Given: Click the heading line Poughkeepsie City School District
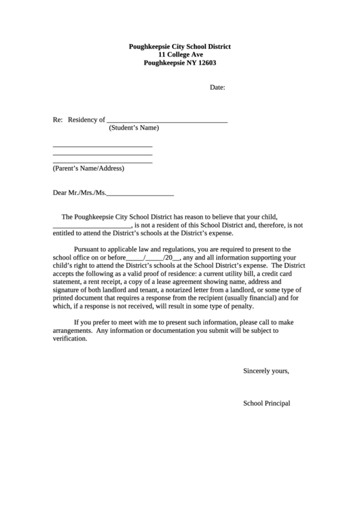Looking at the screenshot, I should [180, 46].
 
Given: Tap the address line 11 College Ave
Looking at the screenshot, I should [180, 54].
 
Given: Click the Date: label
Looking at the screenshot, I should [217, 88].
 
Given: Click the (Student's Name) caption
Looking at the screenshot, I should [134, 128].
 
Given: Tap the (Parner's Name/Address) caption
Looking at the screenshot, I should [88, 168].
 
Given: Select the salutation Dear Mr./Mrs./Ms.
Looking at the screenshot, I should [79, 193].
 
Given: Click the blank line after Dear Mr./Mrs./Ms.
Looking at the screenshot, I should [140, 194].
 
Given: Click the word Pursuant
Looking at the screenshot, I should [88, 249].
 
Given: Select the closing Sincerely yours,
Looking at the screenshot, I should [266, 371].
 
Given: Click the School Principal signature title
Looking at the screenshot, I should [266, 403].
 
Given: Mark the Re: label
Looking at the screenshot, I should [58, 120].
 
